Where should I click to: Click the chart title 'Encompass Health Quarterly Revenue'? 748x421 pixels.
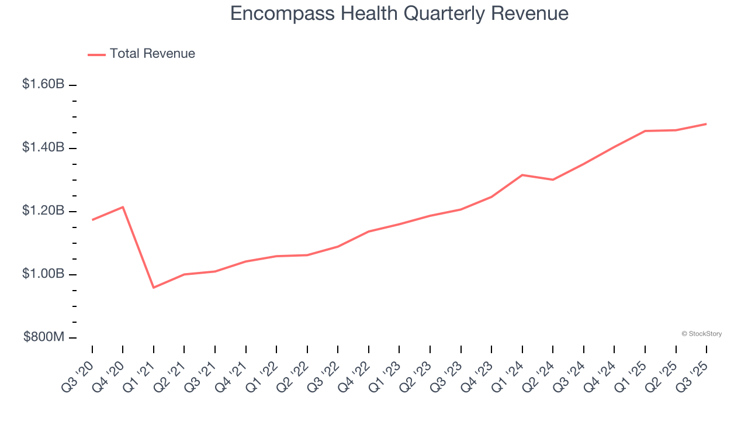click(399, 13)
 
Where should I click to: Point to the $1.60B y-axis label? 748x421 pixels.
click(43, 84)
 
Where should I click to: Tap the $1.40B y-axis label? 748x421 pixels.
click(43, 147)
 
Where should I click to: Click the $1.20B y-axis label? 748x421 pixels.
click(43, 210)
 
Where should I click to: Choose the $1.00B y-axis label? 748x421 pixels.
click(43, 274)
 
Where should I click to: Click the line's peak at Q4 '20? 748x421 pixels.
click(123, 207)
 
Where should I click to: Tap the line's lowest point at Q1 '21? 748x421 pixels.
click(154, 288)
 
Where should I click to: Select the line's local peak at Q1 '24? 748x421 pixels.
click(522, 175)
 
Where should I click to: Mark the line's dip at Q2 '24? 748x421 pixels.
click(553, 180)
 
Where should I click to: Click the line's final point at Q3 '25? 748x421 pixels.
click(707, 124)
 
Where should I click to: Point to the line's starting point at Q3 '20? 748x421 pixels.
click(92, 220)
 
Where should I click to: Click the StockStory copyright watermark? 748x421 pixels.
click(701, 334)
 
